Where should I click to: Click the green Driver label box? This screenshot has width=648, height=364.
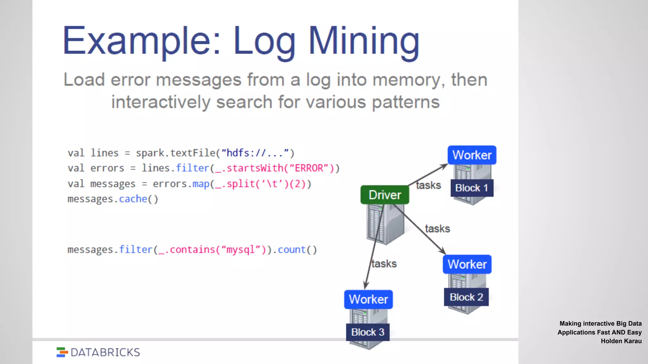pyautogui.click(x=384, y=195)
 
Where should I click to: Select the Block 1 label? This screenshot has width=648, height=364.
pyautogui.click(x=471, y=188)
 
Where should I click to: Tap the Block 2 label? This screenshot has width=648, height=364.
pyautogui.click(x=466, y=297)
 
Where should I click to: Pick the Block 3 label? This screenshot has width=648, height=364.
pyautogui.click(x=368, y=332)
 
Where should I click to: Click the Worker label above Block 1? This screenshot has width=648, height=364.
pyautogui.click(x=472, y=155)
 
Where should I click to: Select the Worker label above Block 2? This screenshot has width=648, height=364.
pyautogui.click(x=467, y=264)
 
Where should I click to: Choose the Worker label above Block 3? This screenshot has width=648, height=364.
pyautogui.click(x=368, y=299)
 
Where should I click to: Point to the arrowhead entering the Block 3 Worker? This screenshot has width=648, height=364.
pyautogui.click(x=365, y=286)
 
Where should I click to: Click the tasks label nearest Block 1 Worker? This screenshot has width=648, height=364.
pyautogui.click(x=428, y=185)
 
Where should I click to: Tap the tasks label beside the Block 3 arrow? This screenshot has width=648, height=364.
pyautogui.click(x=384, y=264)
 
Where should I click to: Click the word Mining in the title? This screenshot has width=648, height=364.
pyautogui.click(x=364, y=41)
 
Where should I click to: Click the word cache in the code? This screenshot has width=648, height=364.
pyautogui.click(x=133, y=199)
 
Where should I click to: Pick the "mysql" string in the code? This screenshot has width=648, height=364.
pyautogui.click(x=240, y=250)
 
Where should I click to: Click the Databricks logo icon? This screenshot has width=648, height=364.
pyautogui.click(x=62, y=352)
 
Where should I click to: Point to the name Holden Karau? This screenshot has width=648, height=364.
pyautogui.click(x=621, y=341)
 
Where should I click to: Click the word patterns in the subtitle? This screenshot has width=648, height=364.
pyautogui.click(x=406, y=102)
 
